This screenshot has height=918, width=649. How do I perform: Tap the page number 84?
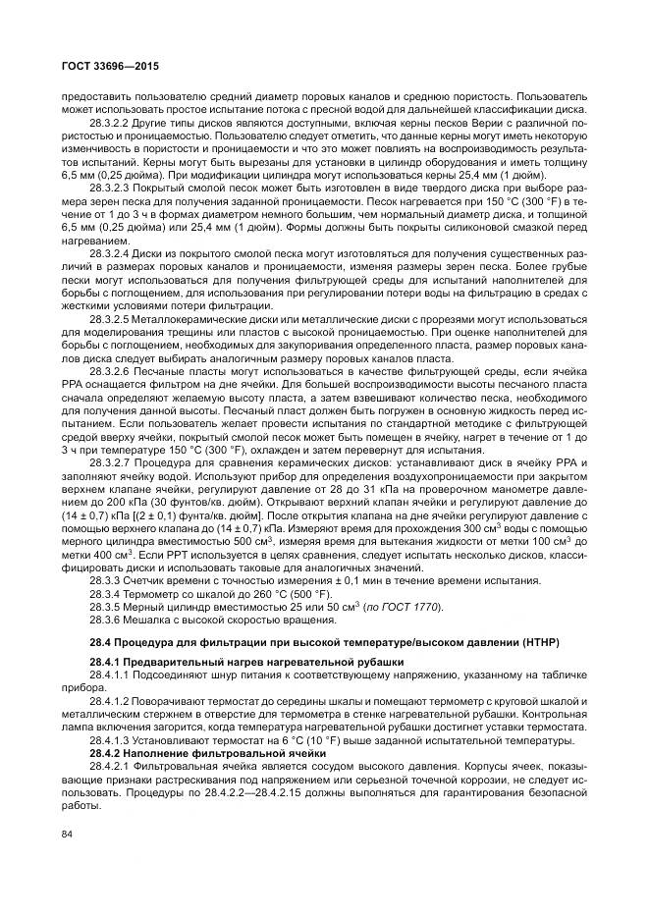click(x=67, y=835)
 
